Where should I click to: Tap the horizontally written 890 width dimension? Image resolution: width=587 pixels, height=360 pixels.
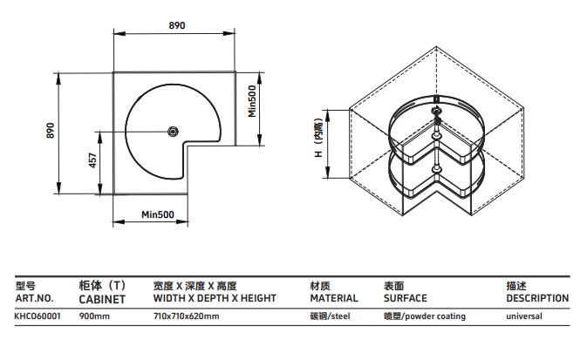tap(176, 27)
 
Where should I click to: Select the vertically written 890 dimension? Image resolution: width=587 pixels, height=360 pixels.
tap(51, 130)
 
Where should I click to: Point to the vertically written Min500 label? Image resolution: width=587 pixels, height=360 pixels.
tap(251, 100)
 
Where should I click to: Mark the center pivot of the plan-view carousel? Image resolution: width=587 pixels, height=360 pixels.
tap(173, 132)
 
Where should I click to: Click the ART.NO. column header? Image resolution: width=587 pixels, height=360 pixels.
tap(35, 297)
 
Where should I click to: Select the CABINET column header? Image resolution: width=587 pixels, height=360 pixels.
tap(102, 297)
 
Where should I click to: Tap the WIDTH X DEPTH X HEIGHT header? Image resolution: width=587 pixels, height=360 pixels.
tap(214, 297)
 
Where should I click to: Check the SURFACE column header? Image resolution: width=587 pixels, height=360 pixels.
tap(406, 297)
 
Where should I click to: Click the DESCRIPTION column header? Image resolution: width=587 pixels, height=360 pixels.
tap(537, 297)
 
